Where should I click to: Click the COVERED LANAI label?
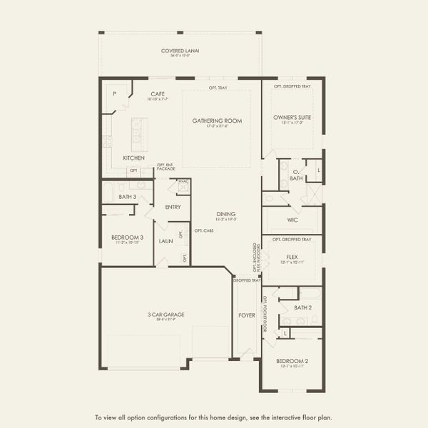pos(180,51)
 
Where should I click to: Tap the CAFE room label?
pos(158,93)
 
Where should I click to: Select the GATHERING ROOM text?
pos(217,121)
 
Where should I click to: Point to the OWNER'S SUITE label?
pos(292,117)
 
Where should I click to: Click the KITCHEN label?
pos(133,158)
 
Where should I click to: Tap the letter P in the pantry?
pos(113,93)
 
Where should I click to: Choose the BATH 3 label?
pos(128,196)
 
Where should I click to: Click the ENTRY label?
pos(173,207)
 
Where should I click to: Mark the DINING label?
pos(226,214)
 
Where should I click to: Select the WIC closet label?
pos(292,220)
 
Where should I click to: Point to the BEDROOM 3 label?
pos(127,237)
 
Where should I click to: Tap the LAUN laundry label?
pos(165,241)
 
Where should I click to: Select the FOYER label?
pos(247,315)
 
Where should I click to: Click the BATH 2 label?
pos(302,307)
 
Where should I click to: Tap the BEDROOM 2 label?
pos(292,362)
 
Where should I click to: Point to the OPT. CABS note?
pos(204,230)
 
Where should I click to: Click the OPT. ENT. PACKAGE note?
pos(165,167)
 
